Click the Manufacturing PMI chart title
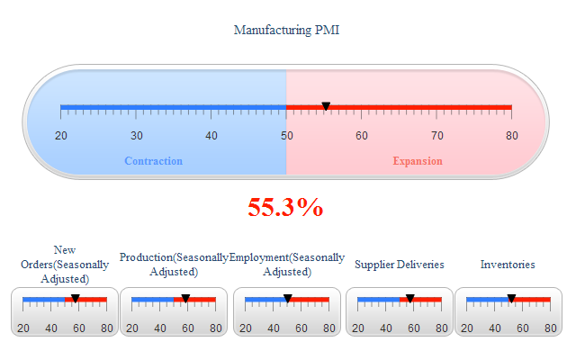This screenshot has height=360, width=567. click(x=286, y=30)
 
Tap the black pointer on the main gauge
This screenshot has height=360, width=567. click(x=326, y=107)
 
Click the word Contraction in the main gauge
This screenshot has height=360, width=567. click(x=154, y=161)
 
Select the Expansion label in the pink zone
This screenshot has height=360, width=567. click(x=418, y=161)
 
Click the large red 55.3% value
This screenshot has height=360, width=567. click(x=285, y=208)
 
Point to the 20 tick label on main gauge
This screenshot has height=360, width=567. click(x=61, y=136)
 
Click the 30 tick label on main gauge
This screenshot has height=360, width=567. click(x=136, y=136)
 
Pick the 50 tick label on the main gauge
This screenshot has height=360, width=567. click(x=286, y=136)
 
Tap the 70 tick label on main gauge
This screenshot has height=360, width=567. click(x=436, y=136)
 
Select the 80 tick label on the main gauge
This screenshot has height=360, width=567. click(x=511, y=136)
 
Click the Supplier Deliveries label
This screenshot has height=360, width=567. click(x=400, y=265)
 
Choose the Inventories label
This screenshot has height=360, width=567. click(x=508, y=265)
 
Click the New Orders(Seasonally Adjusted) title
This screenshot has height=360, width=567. click(x=65, y=265)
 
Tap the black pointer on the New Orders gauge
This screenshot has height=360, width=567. click(x=76, y=298)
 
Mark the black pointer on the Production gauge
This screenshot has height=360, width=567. click(x=185, y=298)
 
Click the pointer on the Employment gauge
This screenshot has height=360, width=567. click(x=288, y=298)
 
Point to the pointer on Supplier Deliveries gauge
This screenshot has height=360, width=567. click(x=409, y=298)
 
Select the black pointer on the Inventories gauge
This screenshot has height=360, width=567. click(x=511, y=298)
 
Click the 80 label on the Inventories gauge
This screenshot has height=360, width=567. click(x=551, y=328)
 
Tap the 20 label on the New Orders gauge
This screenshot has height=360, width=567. click(x=23, y=328)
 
